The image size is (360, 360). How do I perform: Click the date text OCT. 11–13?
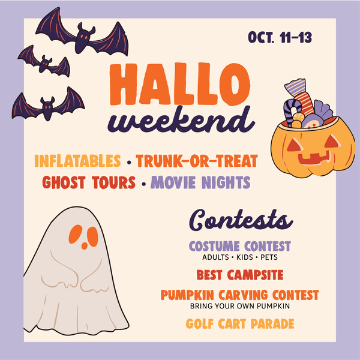280,37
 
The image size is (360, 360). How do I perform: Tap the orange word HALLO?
180,84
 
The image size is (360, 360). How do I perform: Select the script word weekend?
181,120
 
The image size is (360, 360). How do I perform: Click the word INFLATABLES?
77,161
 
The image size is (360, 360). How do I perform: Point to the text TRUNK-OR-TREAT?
197,161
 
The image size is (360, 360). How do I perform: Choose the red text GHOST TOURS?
89,182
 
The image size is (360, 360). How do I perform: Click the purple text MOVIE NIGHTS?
200,182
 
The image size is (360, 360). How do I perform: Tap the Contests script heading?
241,220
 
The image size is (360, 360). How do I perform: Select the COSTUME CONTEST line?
240,246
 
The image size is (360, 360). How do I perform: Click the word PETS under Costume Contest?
269,257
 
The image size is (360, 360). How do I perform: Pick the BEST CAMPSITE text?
240,275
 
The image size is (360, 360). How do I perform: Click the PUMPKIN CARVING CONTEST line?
240,295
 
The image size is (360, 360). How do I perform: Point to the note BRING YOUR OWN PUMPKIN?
240,306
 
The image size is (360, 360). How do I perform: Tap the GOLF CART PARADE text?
240,324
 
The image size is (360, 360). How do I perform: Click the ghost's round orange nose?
84,245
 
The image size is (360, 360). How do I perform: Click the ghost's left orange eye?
76,234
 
